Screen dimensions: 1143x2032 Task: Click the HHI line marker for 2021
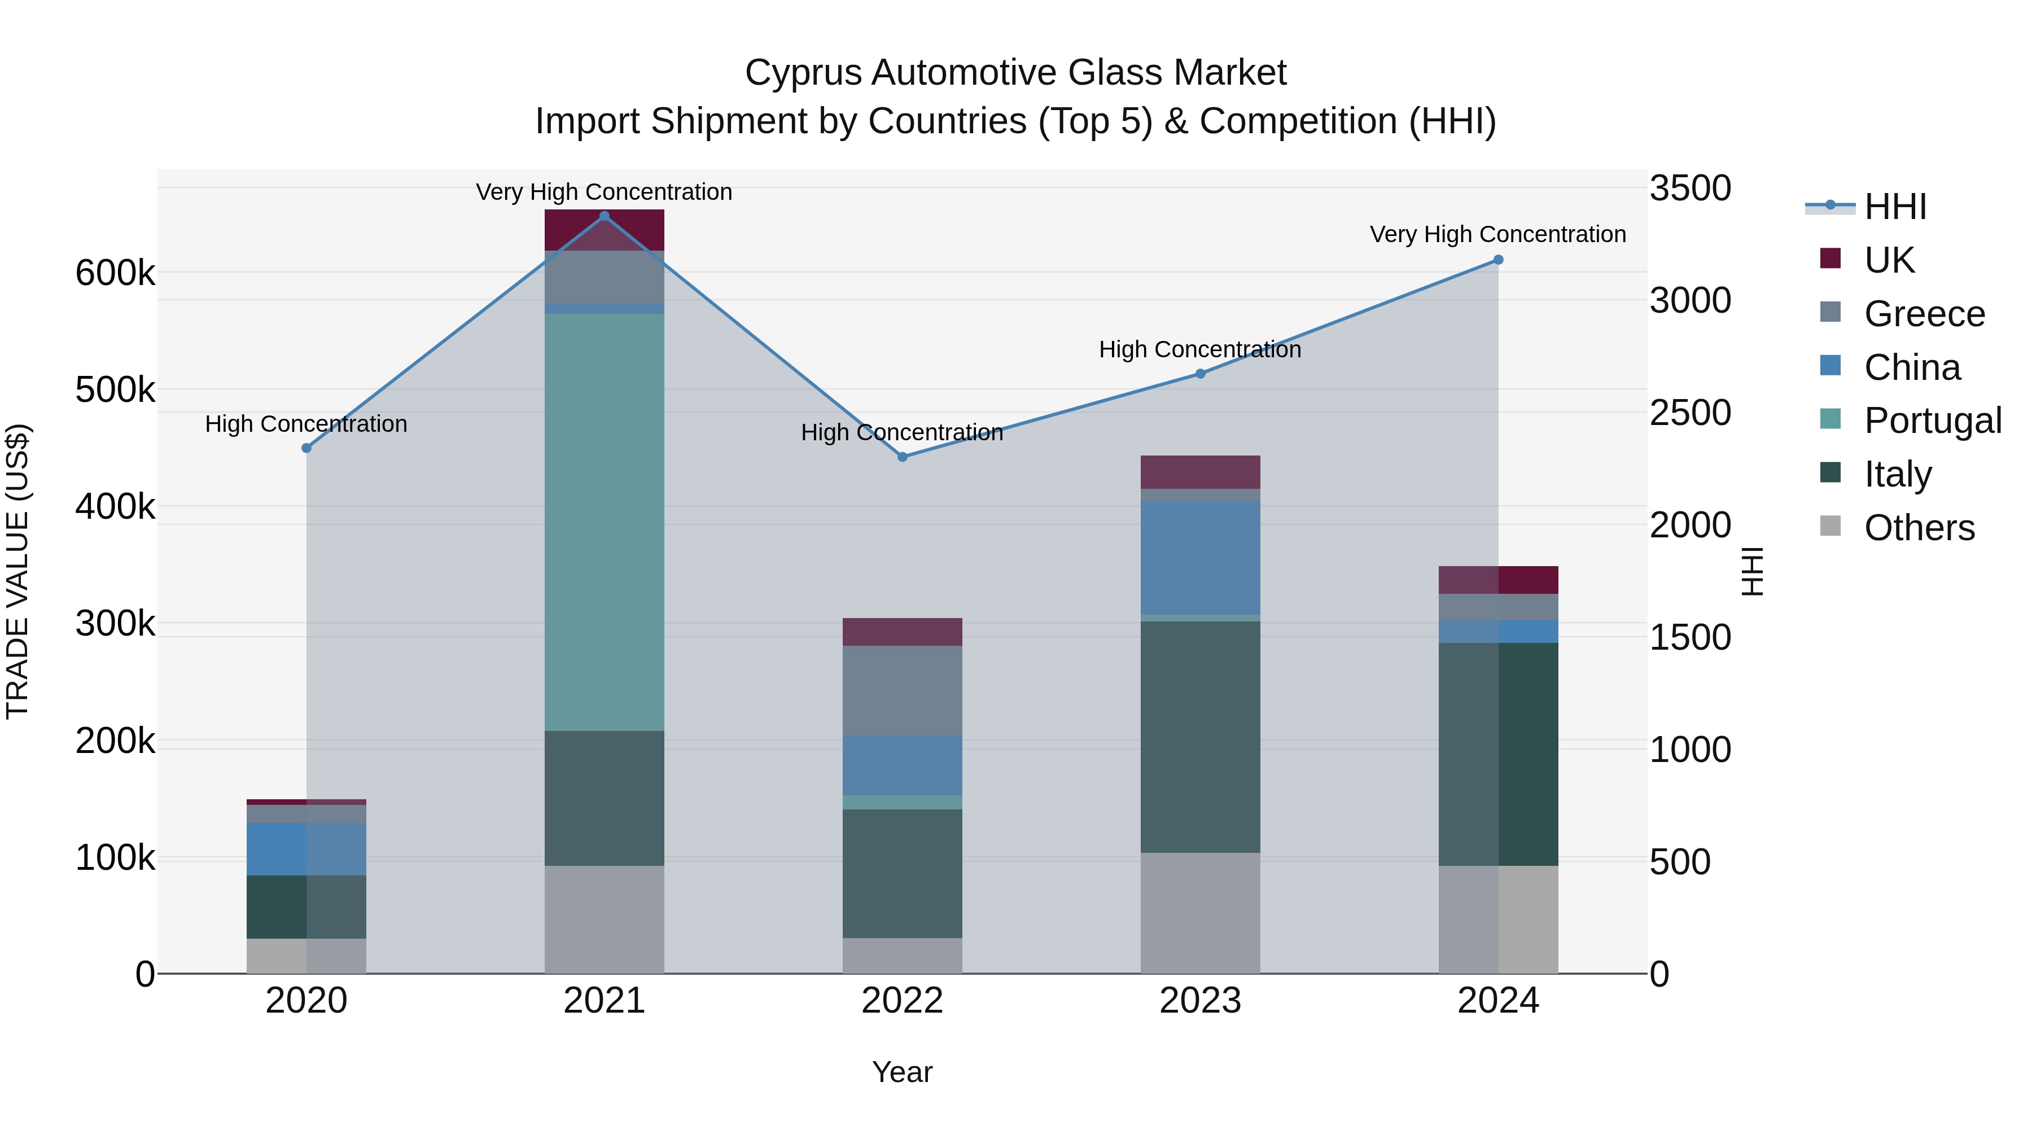click(604, 216)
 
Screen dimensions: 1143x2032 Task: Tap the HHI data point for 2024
click(1498, 260)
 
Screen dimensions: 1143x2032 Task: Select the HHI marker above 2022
click(903, 457)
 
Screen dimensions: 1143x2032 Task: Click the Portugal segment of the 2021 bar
click(604, 520)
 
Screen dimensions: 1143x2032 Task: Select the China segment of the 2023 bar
click(1200, 557)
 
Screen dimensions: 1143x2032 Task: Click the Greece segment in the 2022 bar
click(903, 690)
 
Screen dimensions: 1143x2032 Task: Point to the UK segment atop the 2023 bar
click(1200, 472)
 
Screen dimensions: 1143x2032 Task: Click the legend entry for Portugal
click(1932, 421)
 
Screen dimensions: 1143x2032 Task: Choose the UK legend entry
click(1889, 260)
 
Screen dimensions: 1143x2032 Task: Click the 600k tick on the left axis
click(115, 274)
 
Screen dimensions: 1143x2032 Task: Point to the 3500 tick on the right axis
click(1689, 189)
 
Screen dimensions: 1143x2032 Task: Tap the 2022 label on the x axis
click(903, 1001)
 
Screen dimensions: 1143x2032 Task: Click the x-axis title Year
click(903, 1072)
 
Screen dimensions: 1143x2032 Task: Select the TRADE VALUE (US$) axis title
click(18, 571)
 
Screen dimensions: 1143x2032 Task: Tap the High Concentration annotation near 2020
click(306, 424)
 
